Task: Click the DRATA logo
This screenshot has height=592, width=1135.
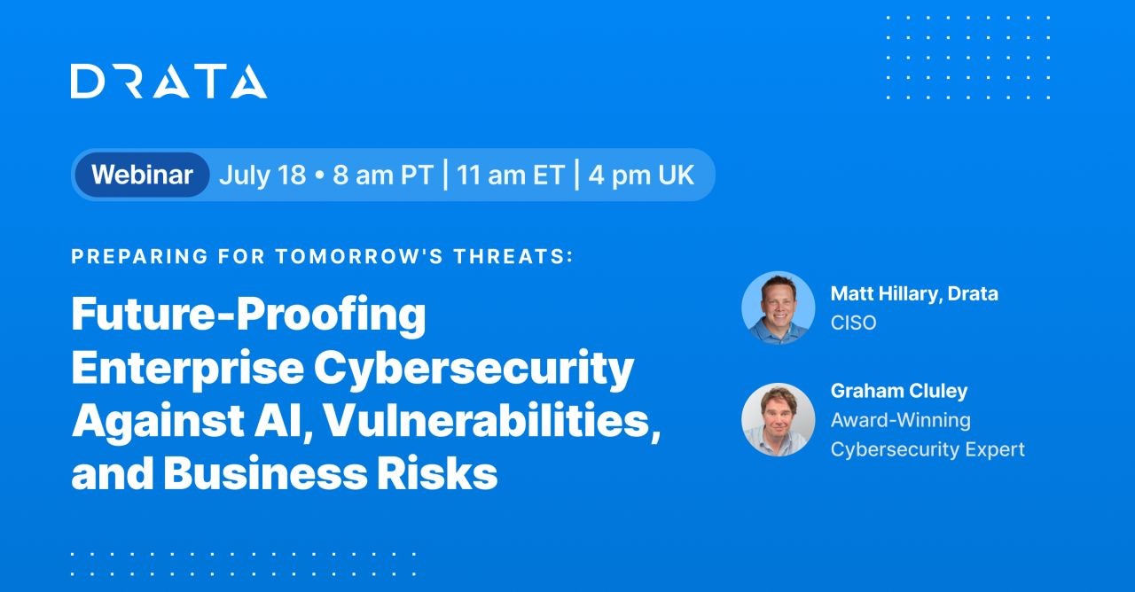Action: [x=168, y=81]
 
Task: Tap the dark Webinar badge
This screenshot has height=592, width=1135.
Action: [x=142, y=175]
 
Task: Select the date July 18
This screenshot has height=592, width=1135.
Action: [x=262, y=175]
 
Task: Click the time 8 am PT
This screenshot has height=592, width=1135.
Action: [x=383, y=175]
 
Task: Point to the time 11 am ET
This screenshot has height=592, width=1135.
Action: [x=511, y=175]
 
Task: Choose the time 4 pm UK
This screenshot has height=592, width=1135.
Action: [x=641, y=175]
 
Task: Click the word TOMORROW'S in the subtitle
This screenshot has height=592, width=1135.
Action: [x=359, y=256]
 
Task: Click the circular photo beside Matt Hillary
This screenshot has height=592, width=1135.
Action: [x=779, y=308]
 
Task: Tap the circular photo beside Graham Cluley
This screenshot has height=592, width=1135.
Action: [x=779, y=419]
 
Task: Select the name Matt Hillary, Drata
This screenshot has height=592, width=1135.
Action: [x=914, y=293]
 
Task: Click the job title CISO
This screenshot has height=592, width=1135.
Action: [x=853, y=323]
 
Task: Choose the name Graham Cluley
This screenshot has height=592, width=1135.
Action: [x=899, y=391]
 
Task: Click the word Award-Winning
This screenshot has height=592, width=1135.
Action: [x=900, y=420]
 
